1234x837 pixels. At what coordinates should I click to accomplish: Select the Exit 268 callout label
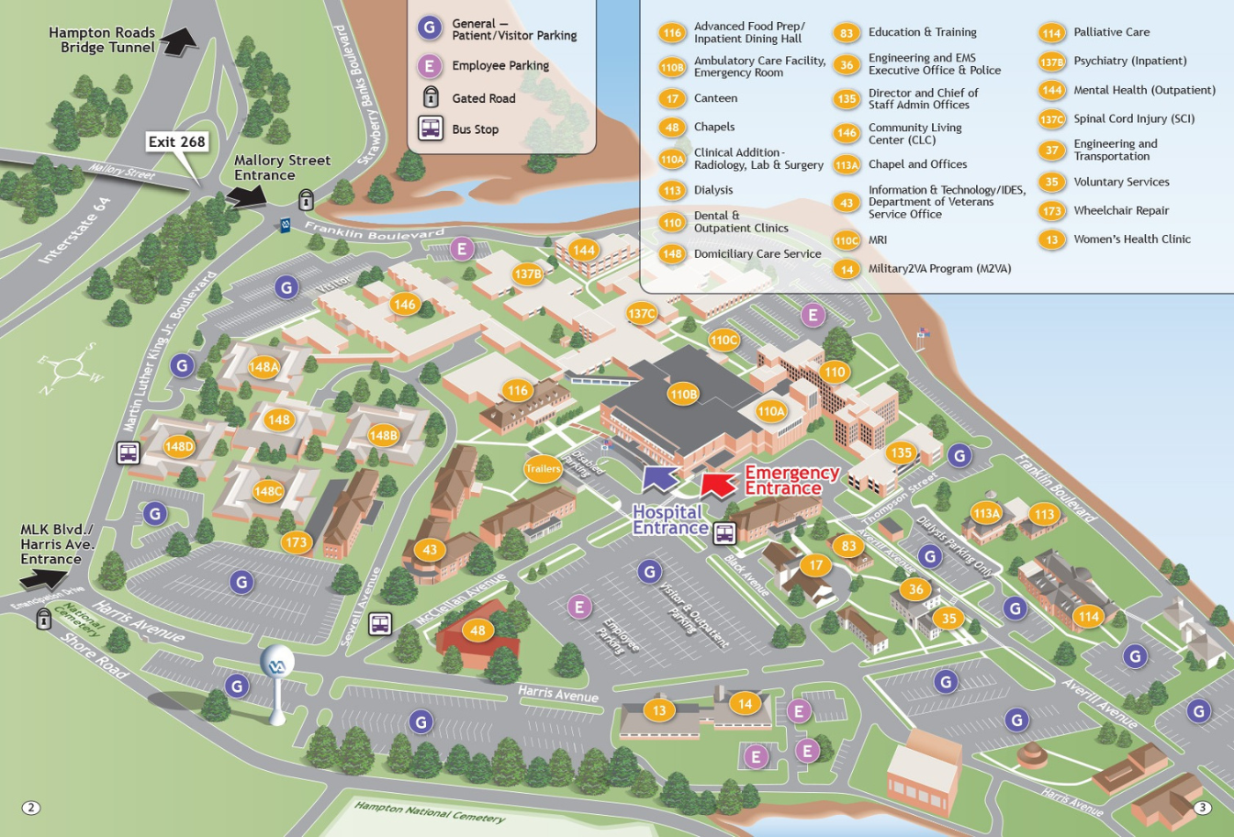177,141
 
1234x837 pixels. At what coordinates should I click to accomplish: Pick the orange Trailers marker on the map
543,468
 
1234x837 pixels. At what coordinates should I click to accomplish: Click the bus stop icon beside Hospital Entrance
725,532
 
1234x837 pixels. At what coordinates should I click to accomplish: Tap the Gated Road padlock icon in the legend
431,97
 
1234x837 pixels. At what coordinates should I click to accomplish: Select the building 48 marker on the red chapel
477,630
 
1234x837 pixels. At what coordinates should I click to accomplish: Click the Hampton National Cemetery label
430,811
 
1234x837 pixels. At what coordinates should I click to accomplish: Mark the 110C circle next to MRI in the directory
847,240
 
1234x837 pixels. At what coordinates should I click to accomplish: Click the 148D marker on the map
179,447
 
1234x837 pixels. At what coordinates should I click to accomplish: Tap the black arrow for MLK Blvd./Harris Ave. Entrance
42,578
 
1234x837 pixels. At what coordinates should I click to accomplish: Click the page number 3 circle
1203,808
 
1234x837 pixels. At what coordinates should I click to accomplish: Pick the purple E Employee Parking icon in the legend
430,66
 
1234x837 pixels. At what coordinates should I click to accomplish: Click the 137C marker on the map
641,314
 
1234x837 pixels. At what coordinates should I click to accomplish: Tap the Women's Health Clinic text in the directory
1132,239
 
